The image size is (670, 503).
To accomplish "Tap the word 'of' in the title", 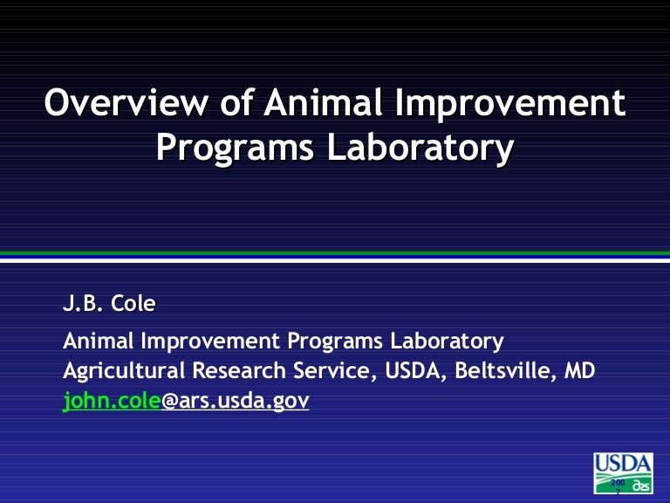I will coord(235,105).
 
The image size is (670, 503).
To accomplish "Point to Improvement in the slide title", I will coord(510,105).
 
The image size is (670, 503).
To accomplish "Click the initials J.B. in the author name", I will coord(83,305).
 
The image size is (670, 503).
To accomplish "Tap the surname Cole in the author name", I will coord(138,305).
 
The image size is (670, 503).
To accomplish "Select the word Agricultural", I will coord(124,370).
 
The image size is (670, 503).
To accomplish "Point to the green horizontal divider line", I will coord(335,253).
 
